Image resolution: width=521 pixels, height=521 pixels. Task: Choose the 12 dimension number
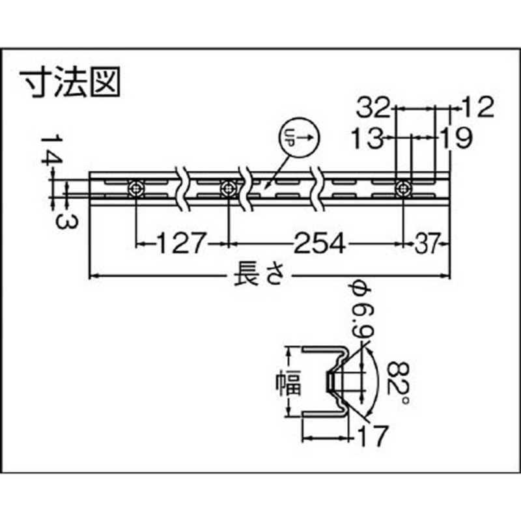point(479,106)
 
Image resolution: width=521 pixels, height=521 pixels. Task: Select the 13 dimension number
point(365,137)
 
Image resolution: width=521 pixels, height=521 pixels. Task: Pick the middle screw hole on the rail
point(228,189)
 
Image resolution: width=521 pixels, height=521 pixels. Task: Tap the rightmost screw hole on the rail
point(403,189)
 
